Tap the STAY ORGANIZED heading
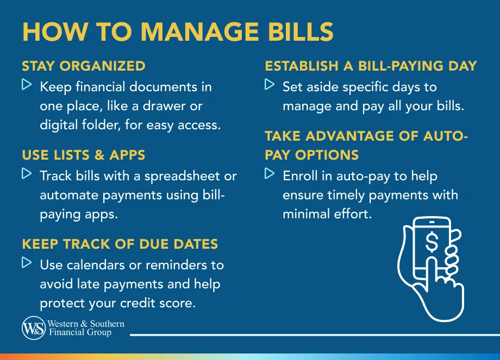(x=84, y=66)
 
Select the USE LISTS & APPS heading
(x=84, y=155)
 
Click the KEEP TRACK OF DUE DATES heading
(x=120, y=244)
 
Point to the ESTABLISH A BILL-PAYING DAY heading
(x=371, y=66)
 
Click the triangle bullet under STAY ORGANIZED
(x=27, y=85)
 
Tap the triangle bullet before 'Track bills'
(x=27, y=174)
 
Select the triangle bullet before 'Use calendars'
(x=27, y=263)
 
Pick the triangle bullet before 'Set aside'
(x=270, y=85)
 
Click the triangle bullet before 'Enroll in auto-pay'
(x=270, y=174)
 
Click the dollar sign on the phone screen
(x=432, y=242)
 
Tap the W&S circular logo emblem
(x=33, y=329)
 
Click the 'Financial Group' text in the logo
(x=80, y=332)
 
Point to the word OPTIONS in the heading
(x=327, y=155)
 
